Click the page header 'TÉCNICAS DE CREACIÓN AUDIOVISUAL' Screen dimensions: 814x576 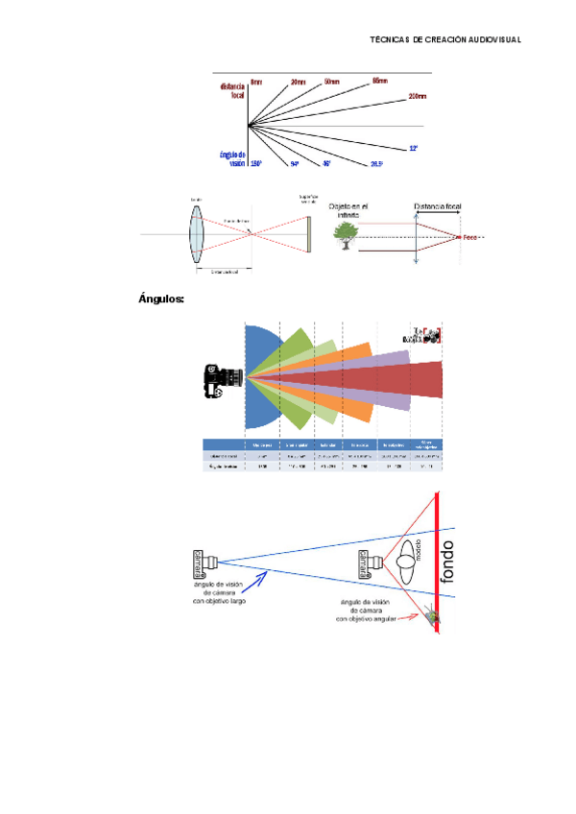[445, 39]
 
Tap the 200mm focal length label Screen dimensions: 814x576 [417, 96]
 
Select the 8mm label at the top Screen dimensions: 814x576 [256, 82]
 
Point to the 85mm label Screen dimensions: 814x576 [379, 81]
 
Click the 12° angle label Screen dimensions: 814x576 [413, 149]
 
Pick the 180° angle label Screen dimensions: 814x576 [256, 164]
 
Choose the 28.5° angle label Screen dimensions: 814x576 [376, 164]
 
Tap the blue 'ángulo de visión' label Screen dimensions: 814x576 [232, 158]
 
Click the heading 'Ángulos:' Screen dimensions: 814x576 [161, 299]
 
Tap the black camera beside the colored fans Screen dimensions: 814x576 [217, 380]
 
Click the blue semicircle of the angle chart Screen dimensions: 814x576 [260, 376]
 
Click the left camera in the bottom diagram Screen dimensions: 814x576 [205, 560]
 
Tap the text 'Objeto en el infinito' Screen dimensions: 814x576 [349, 210]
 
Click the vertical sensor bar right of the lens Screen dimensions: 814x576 [309, 233]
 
